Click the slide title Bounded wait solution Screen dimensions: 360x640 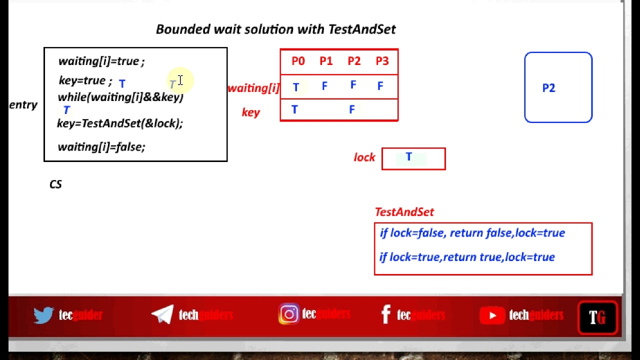pos(275,29)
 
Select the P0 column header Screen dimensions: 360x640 pos(298,61)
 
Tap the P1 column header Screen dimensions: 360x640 pos(326,61)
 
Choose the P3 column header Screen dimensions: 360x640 pos(382,61)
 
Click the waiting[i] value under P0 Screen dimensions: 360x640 pos(295,87)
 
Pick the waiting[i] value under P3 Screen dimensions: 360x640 pos(380,86)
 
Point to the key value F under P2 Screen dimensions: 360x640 pos(352,109)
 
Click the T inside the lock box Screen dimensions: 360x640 pos(408,157)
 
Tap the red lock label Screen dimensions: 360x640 pos(364,157)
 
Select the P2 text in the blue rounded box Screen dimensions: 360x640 pos(548,88)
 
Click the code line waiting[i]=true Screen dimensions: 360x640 pos(101,61)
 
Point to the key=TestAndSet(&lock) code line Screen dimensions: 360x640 pos(120,123)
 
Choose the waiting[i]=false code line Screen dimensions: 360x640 pos(101,147)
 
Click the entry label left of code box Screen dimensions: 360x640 pos(23,105)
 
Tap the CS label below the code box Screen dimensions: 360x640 pos(55,184)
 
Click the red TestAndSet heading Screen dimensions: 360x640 pos(404,212)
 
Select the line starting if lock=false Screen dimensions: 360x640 pos(472,233)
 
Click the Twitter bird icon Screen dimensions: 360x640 pos(43,315)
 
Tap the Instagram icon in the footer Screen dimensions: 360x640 pos(289,314)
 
